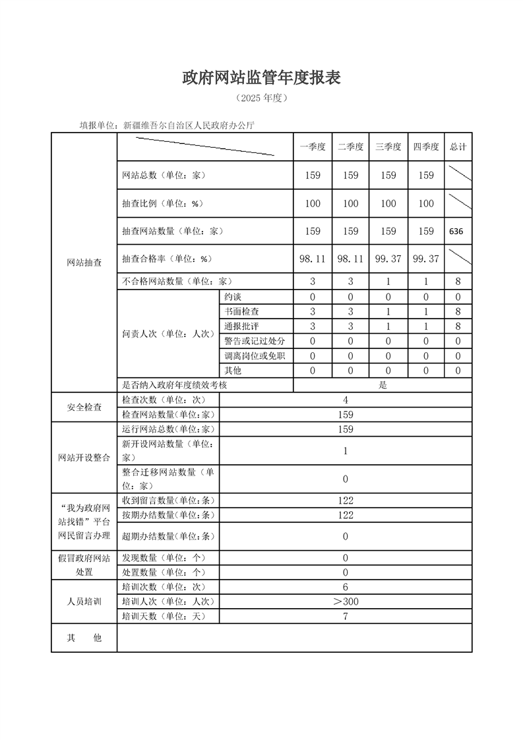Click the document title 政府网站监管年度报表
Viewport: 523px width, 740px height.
pos(261,78)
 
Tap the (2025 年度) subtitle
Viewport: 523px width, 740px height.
pos(261,98)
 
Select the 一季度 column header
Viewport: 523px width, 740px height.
pos(313,147)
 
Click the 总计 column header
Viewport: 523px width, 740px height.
pos(458,147)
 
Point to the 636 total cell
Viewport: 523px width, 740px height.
pos(456,231)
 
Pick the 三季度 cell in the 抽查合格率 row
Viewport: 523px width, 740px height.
pos(388,259)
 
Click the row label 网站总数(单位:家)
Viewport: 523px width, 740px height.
pos(164,175)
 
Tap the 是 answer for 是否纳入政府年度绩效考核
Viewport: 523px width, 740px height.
pos(383,385)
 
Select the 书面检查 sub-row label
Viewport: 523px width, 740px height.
pos(241,311)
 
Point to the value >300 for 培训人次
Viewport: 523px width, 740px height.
pos(346,601)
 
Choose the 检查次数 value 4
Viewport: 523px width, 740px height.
pos(346,400)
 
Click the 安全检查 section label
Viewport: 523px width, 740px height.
pos(84,408)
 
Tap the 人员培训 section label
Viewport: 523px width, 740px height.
pos(84,601)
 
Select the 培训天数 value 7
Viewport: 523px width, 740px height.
pos(346,617)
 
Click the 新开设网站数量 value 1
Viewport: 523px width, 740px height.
pos(346,451)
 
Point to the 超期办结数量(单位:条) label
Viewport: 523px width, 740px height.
pos(169,536)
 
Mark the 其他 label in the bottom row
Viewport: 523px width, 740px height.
pos(84,638)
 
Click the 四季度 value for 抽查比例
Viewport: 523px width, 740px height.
pos(426,204)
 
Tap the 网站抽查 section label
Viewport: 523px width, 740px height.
pos(84,262)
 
